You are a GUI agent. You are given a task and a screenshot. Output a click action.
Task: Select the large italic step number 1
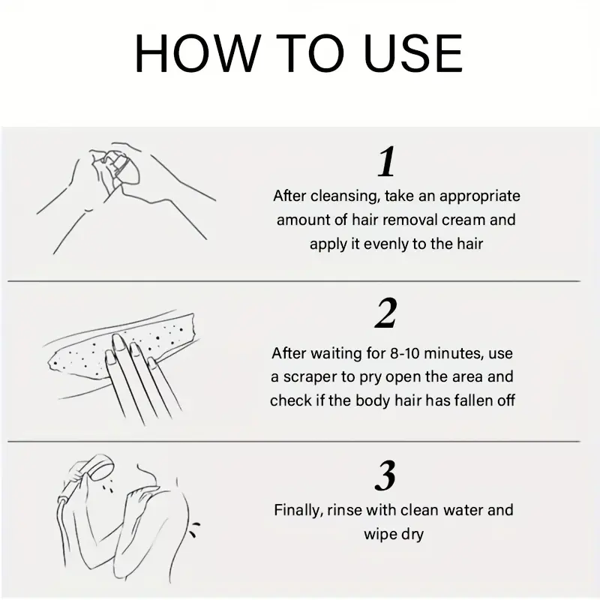coord(386,161)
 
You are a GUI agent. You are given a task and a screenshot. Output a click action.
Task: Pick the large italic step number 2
coord(386,313)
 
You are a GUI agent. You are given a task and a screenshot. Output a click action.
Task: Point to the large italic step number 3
coord(385,475)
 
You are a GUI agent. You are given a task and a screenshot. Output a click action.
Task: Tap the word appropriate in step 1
coord(480,196)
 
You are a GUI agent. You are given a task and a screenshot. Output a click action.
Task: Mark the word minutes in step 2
coord(455,353)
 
